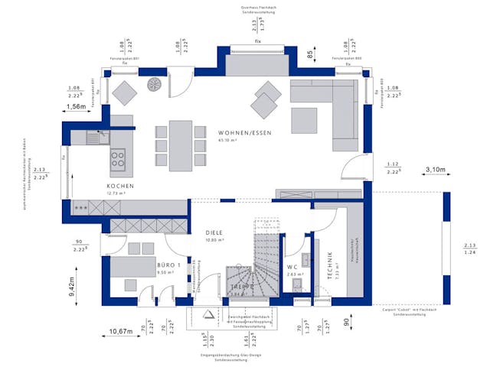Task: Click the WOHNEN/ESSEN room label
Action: [243, 132]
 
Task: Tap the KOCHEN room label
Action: [121, 187]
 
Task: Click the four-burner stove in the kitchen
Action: [119, 159]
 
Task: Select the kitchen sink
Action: [94, 138]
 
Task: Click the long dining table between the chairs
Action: [181, 144]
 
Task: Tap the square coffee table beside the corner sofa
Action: [304, 121]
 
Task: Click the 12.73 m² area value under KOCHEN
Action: [120, 193]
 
